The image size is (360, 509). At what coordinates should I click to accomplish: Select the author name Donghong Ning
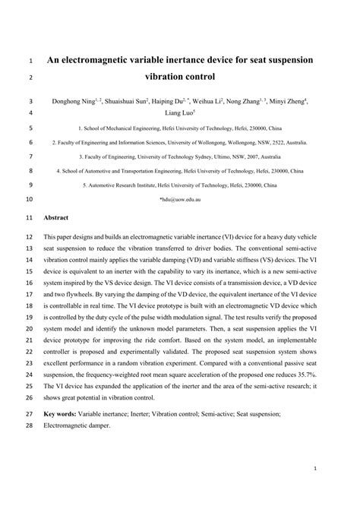pyautogui.click(x=74, y=101)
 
